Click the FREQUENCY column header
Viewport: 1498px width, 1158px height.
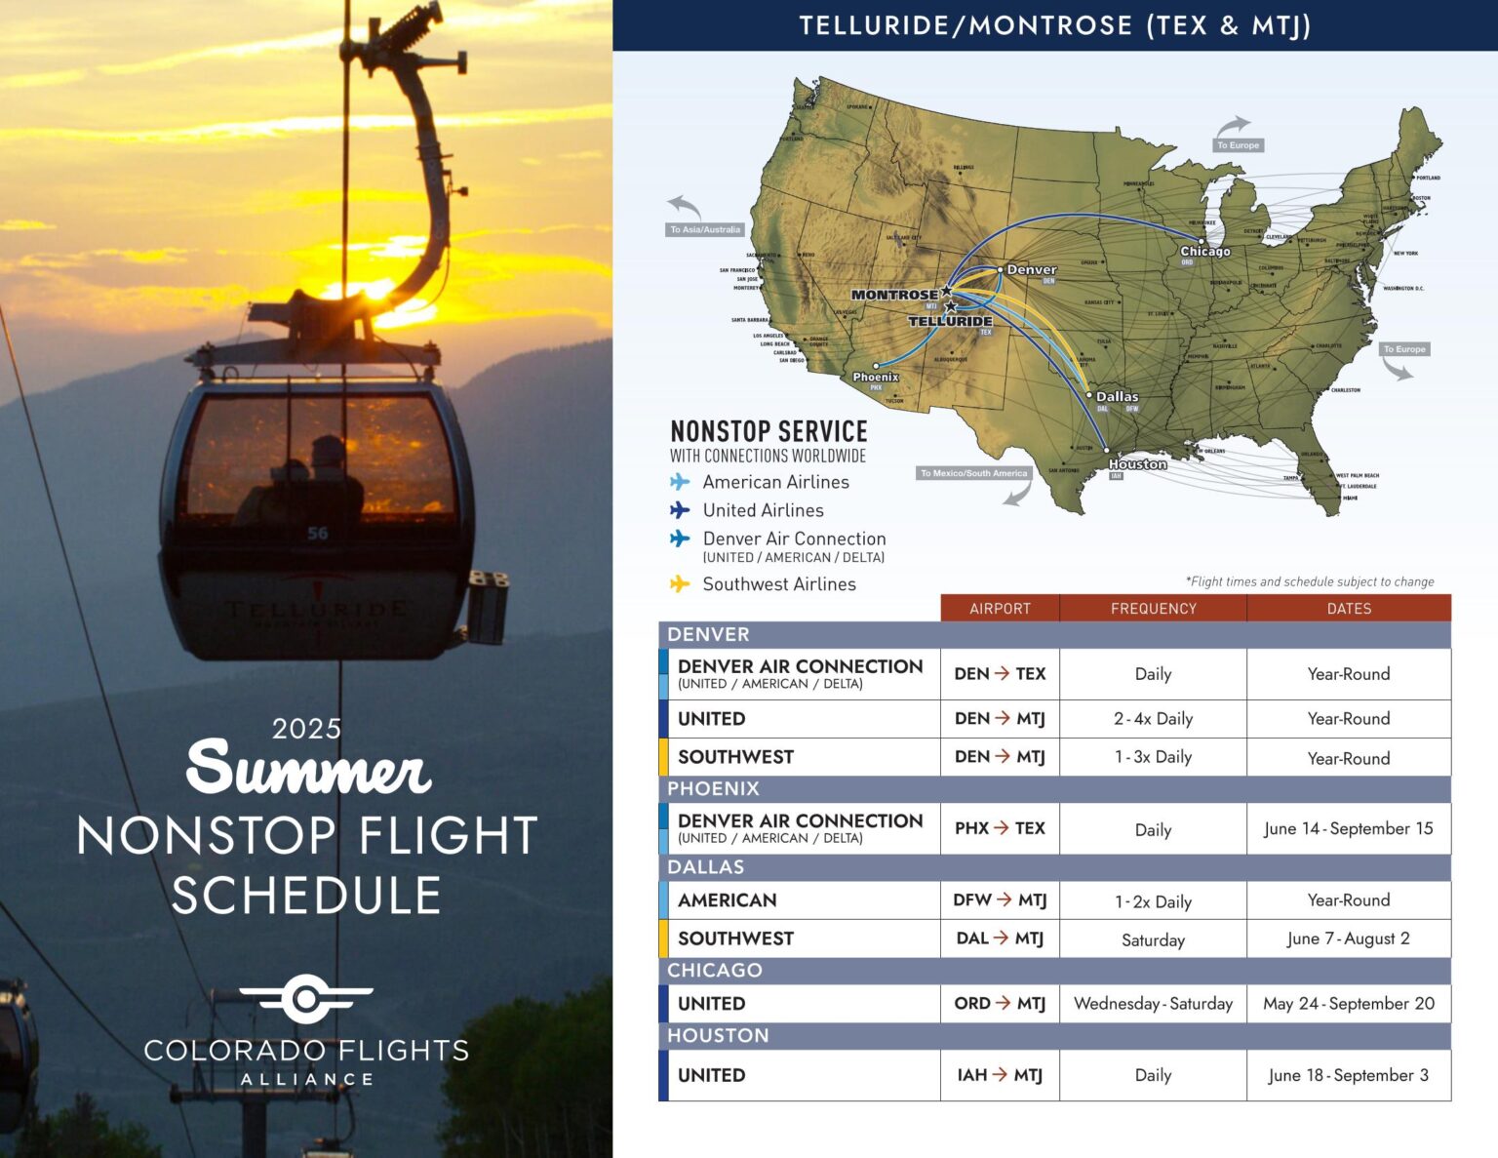1153,608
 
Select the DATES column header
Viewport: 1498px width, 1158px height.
1349,608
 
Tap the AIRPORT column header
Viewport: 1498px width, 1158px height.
1000,608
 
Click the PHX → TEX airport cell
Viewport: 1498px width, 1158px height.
1000,828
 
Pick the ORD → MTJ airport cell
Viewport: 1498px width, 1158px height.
1000,1003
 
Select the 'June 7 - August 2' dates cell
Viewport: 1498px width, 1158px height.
1348,938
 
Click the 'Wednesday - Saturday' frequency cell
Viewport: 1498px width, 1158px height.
1153,1003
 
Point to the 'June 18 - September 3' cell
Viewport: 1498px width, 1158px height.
1348,1075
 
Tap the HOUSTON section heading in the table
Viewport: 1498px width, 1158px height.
718,1035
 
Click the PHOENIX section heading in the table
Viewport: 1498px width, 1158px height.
713,788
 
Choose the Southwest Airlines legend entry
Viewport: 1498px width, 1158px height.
778,584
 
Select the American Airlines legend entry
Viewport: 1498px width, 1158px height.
775,482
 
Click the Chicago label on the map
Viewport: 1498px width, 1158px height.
1205,252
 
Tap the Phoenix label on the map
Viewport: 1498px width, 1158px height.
876,378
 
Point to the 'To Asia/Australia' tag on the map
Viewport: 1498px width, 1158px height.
705,230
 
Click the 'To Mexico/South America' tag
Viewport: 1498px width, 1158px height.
973,473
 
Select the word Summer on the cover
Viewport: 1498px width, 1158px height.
308,769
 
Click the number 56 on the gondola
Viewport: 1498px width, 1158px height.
318,534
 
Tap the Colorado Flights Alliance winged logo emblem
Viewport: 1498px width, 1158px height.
306,998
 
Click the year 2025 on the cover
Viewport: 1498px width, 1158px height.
306,729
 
